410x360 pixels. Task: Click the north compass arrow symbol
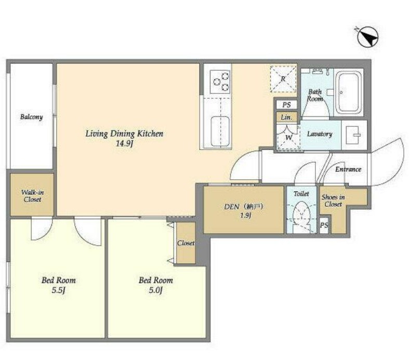coord(367,37)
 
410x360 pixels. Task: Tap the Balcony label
coord(31,117)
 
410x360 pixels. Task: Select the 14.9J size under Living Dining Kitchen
coord(124,143)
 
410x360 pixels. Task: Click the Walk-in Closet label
coord(32,196)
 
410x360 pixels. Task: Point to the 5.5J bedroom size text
coord(58,290)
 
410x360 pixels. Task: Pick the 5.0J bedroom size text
coord(155,290)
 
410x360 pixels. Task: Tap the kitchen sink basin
coord(220,131)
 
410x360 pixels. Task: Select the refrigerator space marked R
coord(283,79)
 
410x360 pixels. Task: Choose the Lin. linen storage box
coord(286,117)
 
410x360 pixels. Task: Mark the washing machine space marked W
coord(288,137)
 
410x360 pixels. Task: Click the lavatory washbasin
coord(354,135)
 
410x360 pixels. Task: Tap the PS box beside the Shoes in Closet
coord(324,225)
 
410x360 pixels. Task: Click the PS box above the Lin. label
coord(286,105)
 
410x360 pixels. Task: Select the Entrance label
coord(348,169)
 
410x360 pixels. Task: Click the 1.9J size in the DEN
coord(246,216)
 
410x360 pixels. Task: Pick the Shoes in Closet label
coord(333,201)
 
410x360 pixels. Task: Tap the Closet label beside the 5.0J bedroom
coord(186,243)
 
